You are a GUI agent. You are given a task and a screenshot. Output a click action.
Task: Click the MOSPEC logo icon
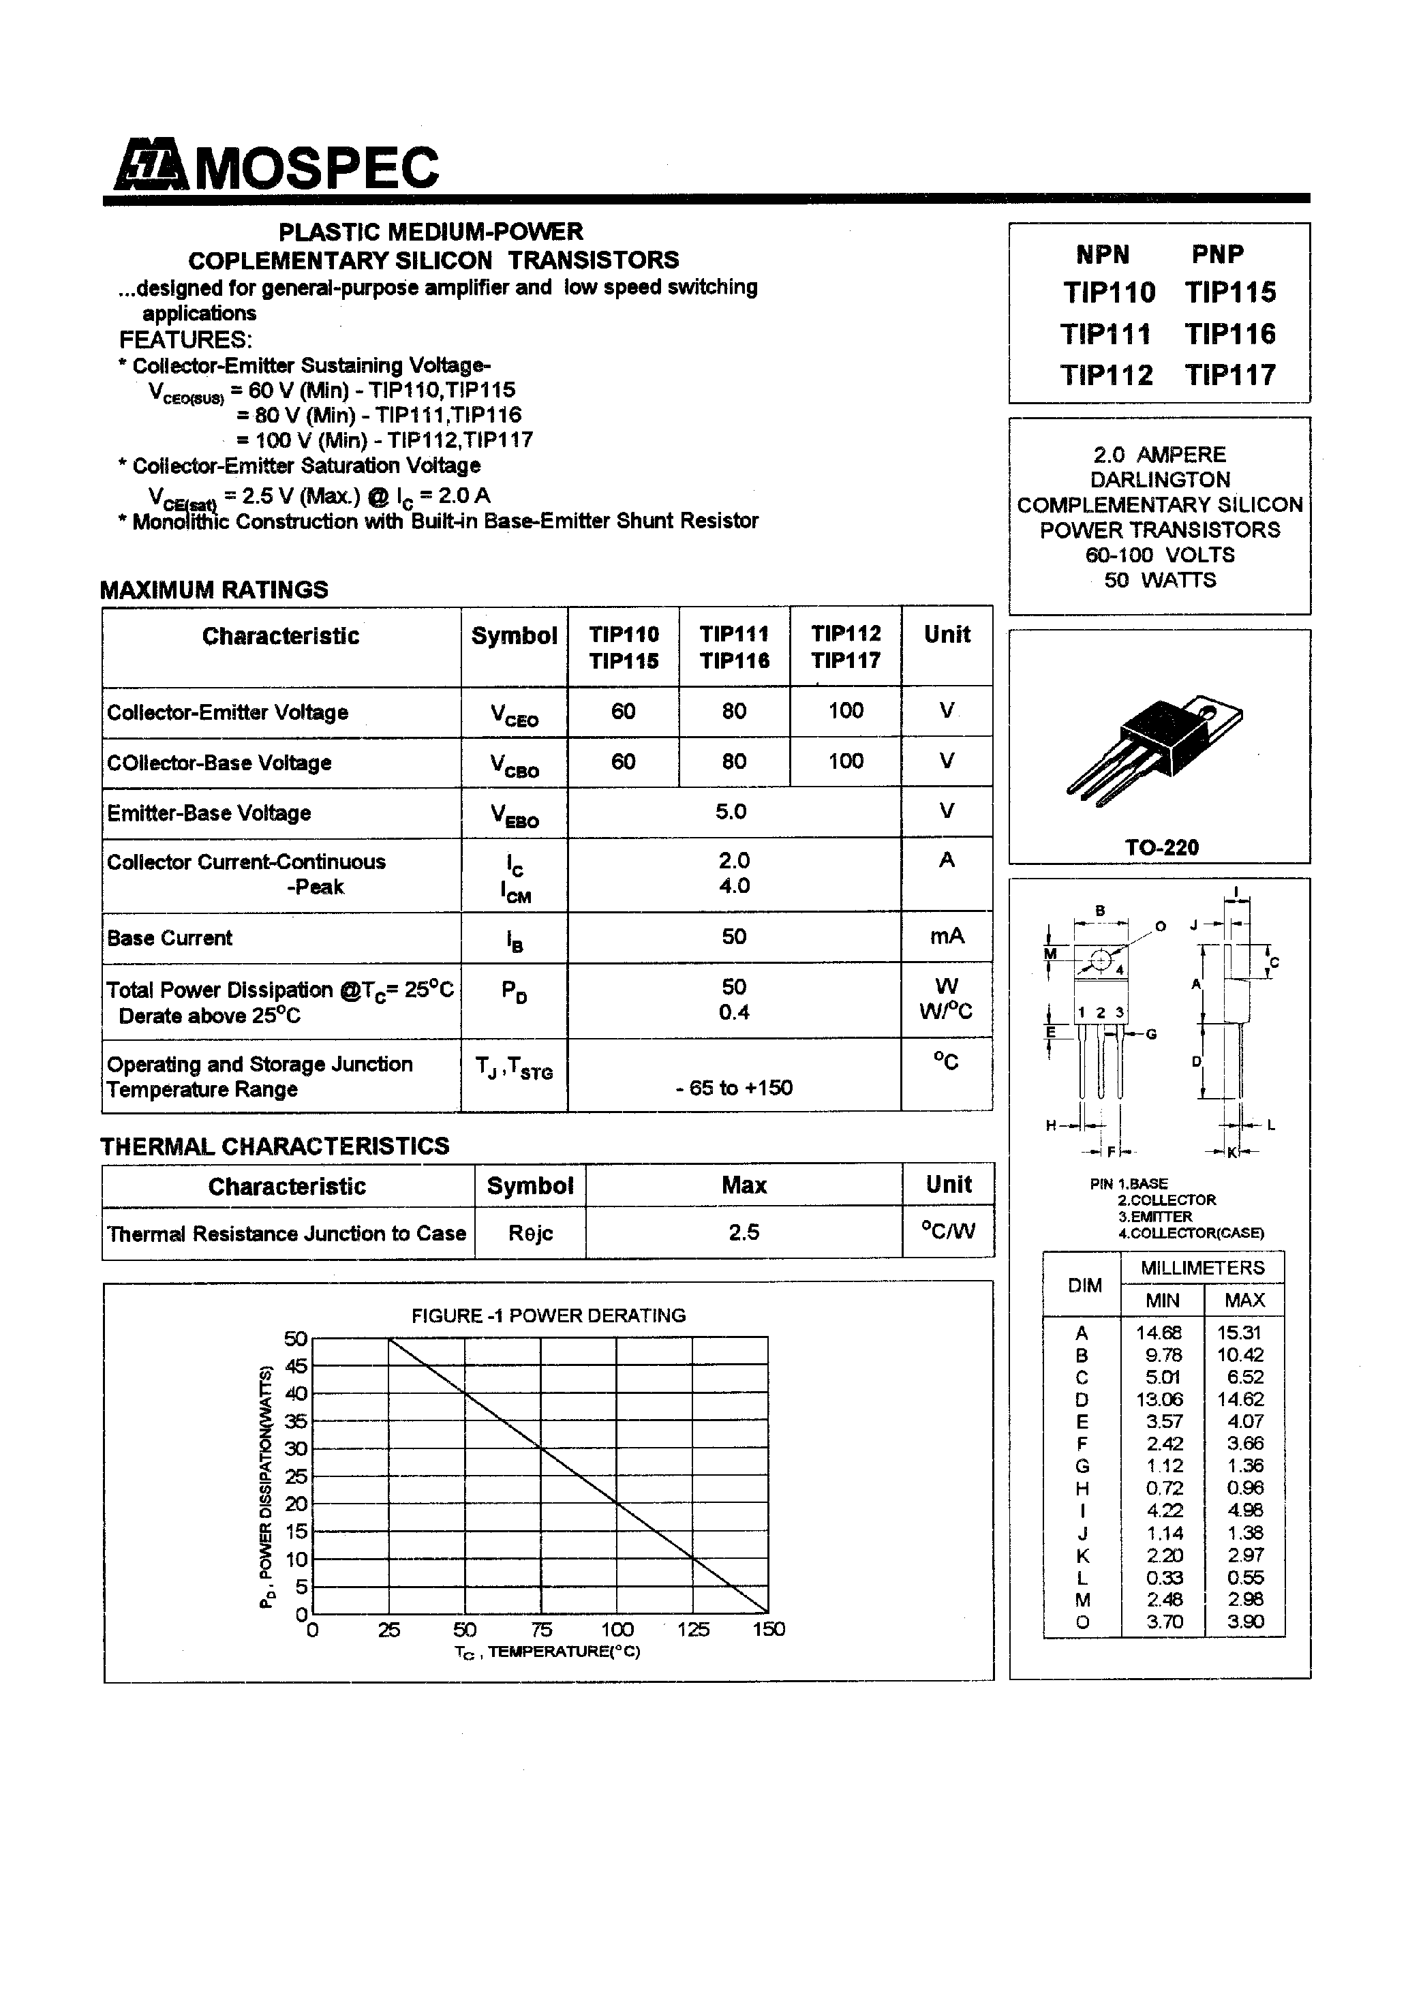pos(150,166)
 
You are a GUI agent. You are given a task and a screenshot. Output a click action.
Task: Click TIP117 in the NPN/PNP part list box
pos(1230,375)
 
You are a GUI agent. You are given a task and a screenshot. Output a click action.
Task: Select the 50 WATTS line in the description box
pos(1160,580)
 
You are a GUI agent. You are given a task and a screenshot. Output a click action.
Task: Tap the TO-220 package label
pos(1161,847)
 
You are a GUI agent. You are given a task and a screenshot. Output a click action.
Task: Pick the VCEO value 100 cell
pos(846,711)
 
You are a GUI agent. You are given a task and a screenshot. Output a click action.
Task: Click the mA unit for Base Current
pos(946,936)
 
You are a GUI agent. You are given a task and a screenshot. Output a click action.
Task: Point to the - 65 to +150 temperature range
pos(733,1088)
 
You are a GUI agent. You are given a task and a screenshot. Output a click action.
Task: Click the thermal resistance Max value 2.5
pos(744,1232)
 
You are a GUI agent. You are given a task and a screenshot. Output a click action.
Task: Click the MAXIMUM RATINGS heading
pos(213,590)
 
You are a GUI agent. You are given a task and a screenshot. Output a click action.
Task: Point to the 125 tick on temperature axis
pos(692,1629)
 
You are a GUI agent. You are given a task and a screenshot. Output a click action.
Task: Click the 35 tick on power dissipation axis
pos(296,1421)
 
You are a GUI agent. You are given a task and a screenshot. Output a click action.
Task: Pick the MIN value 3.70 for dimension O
pos(1163,1622)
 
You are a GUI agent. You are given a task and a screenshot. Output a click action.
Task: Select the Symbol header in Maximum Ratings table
pos(514,635)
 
